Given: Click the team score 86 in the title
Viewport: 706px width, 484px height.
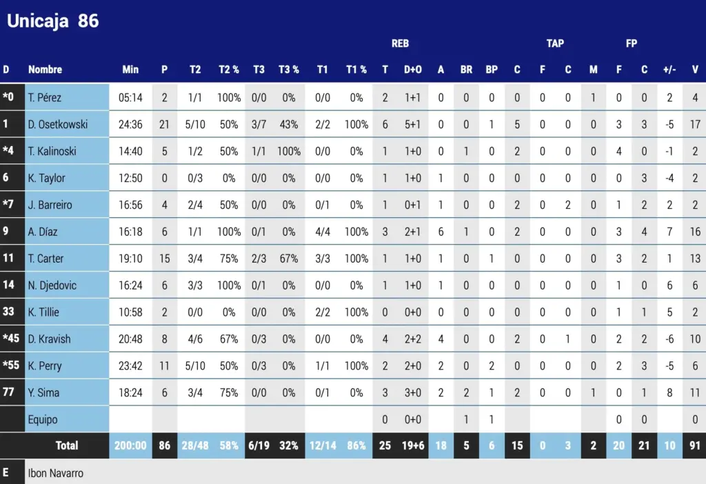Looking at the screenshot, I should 88,21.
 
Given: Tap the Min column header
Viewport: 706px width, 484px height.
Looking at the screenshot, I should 130,70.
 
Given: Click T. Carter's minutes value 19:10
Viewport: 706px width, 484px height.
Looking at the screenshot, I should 130,259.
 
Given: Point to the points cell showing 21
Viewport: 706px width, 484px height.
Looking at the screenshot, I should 164,124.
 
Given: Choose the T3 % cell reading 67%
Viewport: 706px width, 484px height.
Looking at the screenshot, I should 288,259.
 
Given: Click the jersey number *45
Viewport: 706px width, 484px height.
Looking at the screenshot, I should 12,339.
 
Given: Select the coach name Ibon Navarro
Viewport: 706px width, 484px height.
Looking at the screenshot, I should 56,474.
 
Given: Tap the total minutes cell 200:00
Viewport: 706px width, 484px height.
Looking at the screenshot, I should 130,445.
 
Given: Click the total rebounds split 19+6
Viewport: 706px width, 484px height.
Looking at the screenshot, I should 413,445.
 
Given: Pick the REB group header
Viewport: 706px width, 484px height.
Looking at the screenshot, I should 400,43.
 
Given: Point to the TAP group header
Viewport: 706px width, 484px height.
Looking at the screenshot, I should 555,43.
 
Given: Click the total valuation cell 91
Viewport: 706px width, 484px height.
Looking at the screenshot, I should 694,445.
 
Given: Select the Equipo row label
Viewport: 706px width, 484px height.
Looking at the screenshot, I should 43,419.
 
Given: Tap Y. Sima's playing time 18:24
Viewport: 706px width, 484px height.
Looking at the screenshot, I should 130,392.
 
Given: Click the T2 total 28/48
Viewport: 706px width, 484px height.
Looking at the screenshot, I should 195,445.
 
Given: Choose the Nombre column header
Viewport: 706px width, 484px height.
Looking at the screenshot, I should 45,70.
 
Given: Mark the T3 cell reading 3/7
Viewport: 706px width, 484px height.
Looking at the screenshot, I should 259,124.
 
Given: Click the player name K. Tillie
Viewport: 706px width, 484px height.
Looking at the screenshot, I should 43,312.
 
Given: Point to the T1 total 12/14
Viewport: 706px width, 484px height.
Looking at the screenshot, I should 323,445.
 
